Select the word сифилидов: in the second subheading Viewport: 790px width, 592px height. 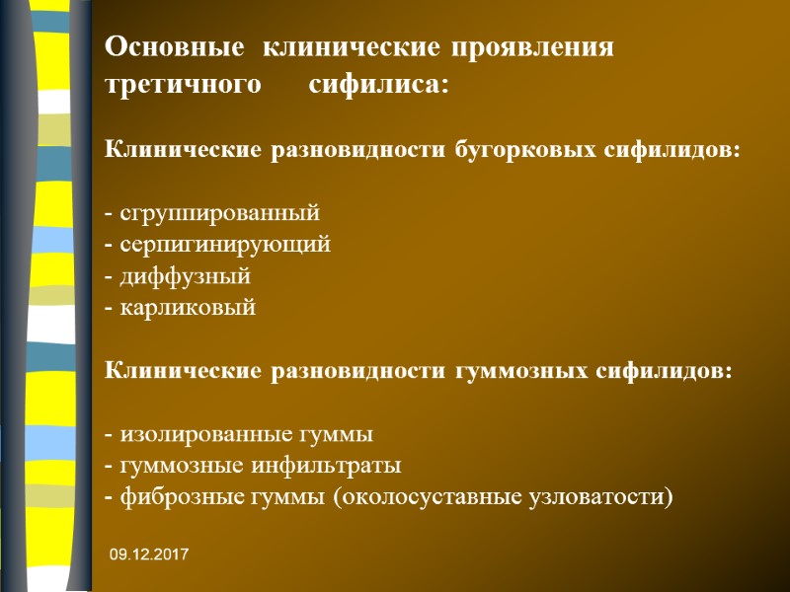[x=676, y=371]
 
